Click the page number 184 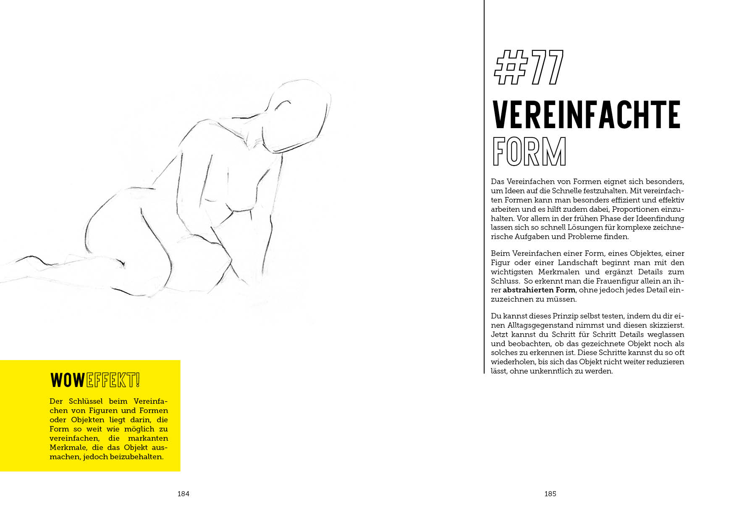tap(183, 494)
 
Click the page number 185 tap(550, 494)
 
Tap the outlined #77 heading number tap(529, 68)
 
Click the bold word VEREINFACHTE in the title tap(586, 114)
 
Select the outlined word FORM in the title tap(529, 151)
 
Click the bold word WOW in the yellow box tap(68, 380)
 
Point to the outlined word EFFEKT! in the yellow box tap(113, 380)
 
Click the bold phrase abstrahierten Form tap(539, 290)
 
